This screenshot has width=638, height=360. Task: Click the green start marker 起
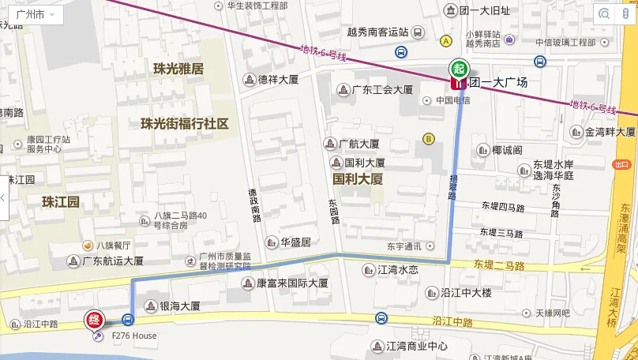click(x=458, y=68)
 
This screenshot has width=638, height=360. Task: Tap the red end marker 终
click(x=95, y=321)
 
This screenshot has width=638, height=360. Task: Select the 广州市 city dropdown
click(x=35, y=15)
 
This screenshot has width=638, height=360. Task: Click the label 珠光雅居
click(x=178, y=69)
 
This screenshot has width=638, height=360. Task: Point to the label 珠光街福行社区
click(x=184, y=124)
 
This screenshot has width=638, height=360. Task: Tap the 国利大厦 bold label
click(x=358, y=179)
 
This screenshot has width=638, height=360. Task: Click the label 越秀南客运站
click(x=377, y=32)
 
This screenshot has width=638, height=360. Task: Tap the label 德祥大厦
click(x=278, y=80)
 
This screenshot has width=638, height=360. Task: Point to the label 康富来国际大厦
click(x=292, y=283)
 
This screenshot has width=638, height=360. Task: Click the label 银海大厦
click(x=180, y=306)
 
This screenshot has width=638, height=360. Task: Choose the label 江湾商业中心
click(x=416, y=346)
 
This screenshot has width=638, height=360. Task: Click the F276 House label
click(x=133, y=336)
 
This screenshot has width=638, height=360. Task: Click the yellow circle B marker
click(x=429, y=139)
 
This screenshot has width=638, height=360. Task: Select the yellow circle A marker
click(x=446, y=41)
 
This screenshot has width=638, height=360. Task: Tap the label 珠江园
click(x=61, y=202)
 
